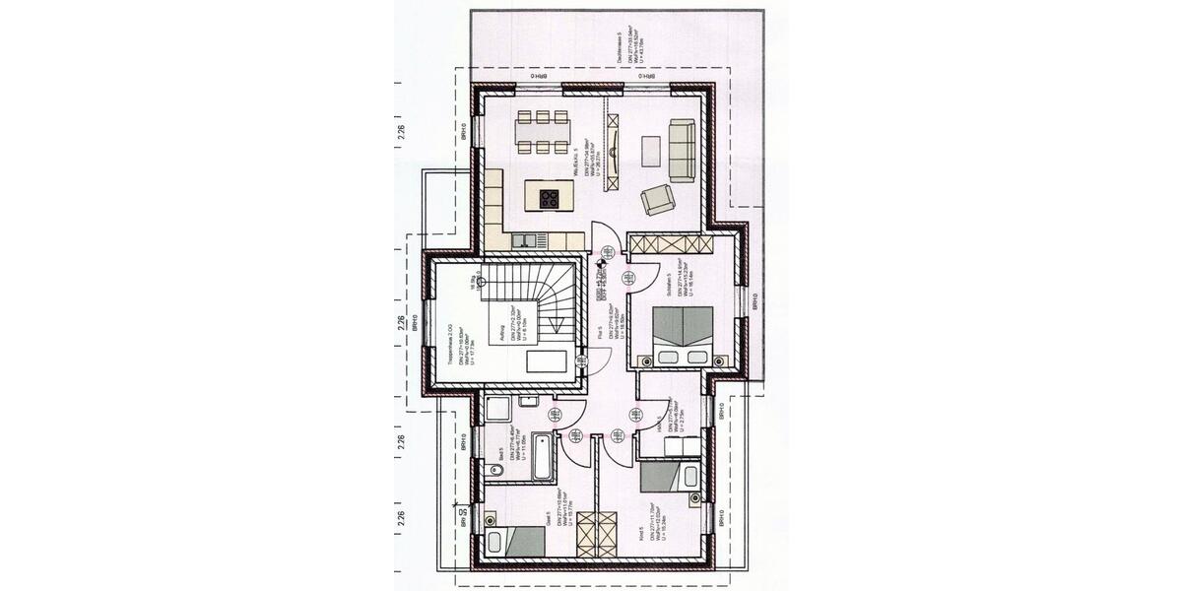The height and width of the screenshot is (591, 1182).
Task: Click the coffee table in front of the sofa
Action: click(651, 150)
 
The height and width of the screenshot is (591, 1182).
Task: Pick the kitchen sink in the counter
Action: click(524, 238)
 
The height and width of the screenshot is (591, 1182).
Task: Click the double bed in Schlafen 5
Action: click(684, 336)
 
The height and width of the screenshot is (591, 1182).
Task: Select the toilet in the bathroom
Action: click(496, 472)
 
